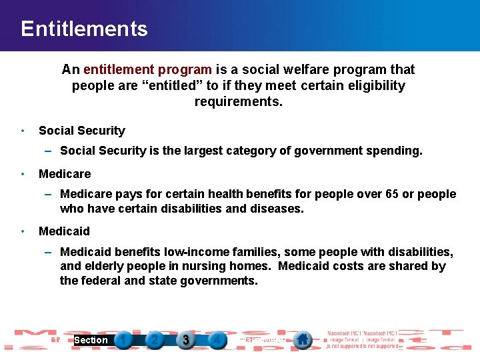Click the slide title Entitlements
[84, 29]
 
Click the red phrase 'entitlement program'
[147, 69]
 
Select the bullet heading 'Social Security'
[82, 131]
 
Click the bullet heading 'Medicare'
[65, 174]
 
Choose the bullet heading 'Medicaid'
[64, 231]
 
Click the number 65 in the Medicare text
[392, 194]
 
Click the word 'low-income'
[189, 251]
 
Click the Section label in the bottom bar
[91, 340]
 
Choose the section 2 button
[155, 340]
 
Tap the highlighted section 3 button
[186, 340]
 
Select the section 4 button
[217, 340]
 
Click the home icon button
[303, 340]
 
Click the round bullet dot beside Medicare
[23, 174]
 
